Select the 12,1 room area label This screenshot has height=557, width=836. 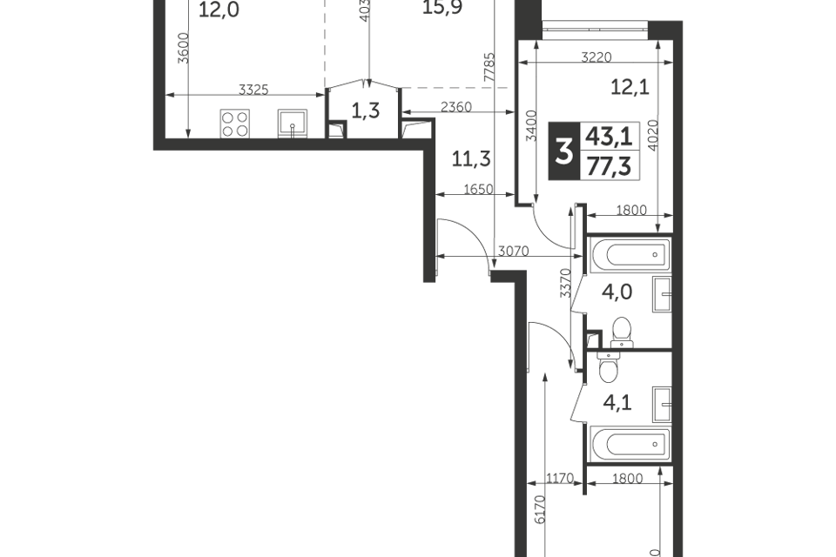tap(626, 86)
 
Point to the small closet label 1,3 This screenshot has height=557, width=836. tap(364, 110)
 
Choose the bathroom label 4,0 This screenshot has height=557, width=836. tap(617, 292)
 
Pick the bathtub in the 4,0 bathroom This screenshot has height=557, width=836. tap(629, 254)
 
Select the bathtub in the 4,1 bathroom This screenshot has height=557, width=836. tap(629, 446)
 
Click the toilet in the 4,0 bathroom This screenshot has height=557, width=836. tap(621, 332)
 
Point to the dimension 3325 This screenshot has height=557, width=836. tap(253, 89)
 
